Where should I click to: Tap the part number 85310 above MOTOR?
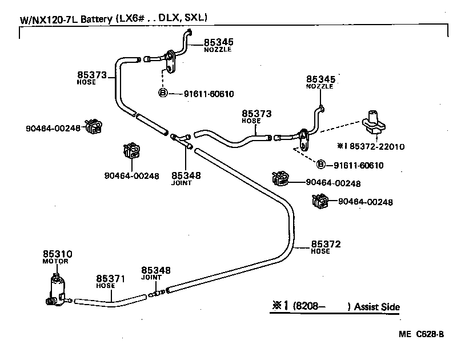pyautogui.click(x=57, y=254)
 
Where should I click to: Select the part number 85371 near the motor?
pyautogui.click(x=110, y=278)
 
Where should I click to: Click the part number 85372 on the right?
pyautogui.click(x=326, y=244)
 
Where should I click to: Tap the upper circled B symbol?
pyautogui.click(x=163, y=94)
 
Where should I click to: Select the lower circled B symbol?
pyautogui.click(x=321, y=165)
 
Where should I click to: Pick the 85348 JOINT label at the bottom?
pyautogui.click(x=156, y=270)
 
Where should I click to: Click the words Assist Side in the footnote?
pyautogui.click(x=376, y=307)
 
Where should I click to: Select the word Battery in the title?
pyautogui.click(x=95, y=19)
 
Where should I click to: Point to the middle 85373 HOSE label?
pyautogui.click(x=256, y=114)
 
